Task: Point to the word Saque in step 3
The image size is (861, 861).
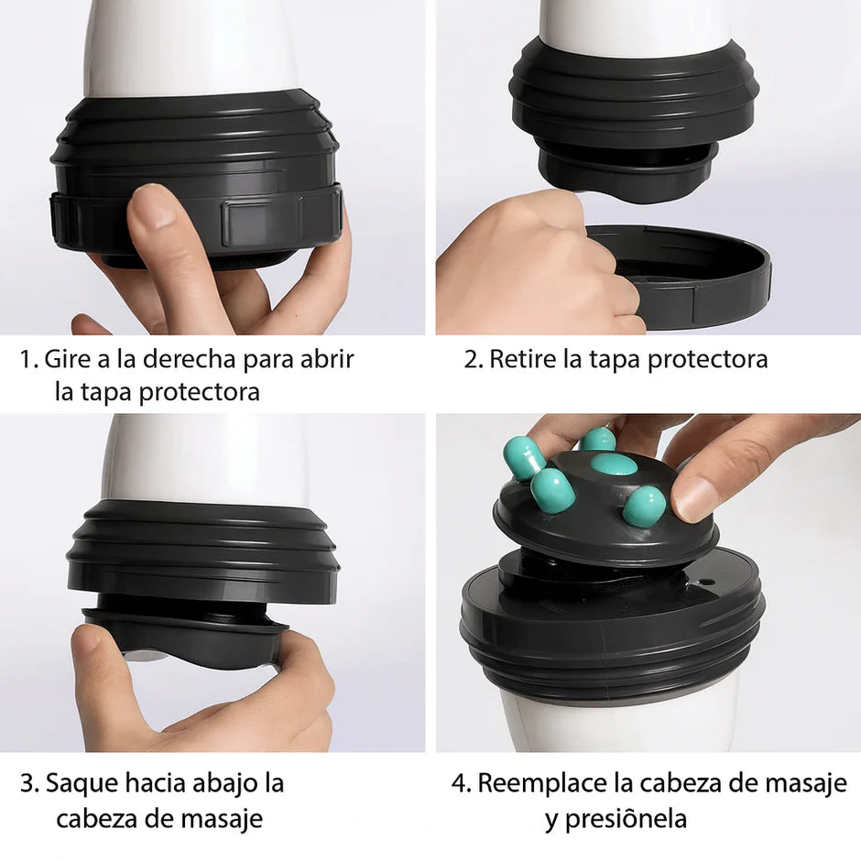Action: point(79,784)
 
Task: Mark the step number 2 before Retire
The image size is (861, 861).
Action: point(472,359)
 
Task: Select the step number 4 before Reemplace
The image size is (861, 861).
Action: point(460,784)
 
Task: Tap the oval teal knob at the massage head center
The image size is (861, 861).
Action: point(613,464)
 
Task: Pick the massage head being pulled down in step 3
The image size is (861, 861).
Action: point(183,632)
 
